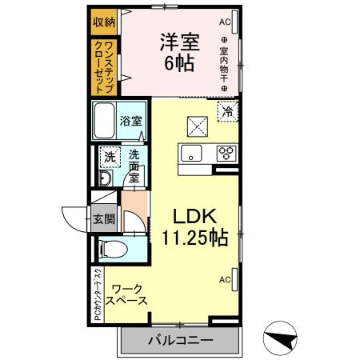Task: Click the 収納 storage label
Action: (x=103, y=22)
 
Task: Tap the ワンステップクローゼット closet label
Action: (x=103, y=66)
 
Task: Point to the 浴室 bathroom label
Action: (x=131, y=122)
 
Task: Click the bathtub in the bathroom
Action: (x=104, y=122)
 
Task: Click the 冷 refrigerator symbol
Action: (x=228, y=112)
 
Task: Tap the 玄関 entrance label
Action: (x=103, y=218)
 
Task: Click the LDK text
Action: (x=192, y=216)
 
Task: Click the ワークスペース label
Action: (x=128, y=294)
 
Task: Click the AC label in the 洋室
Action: (x=224, y=22)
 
